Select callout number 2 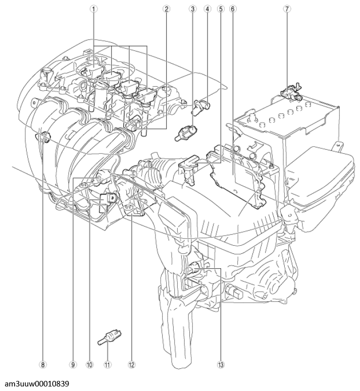[166, 9]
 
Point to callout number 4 [208, 9]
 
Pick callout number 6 [232, 9]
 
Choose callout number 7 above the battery [287, 9]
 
